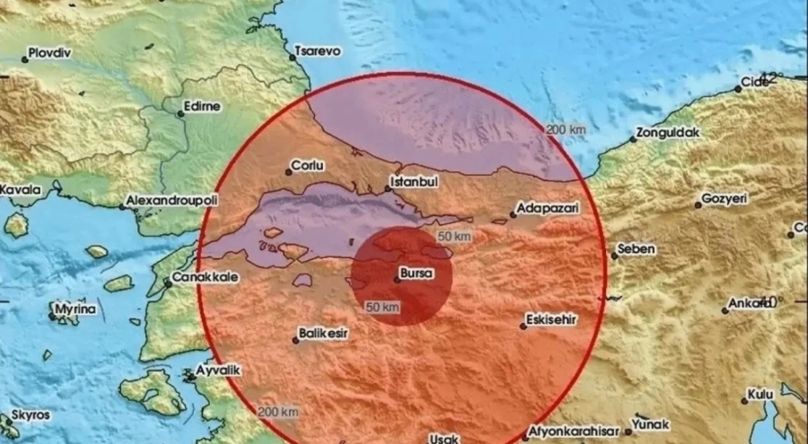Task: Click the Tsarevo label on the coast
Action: tap(320, 52)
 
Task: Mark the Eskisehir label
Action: tap(550, 319)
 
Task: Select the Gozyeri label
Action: tap(724, 199)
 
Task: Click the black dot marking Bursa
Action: tap(397, 280)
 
